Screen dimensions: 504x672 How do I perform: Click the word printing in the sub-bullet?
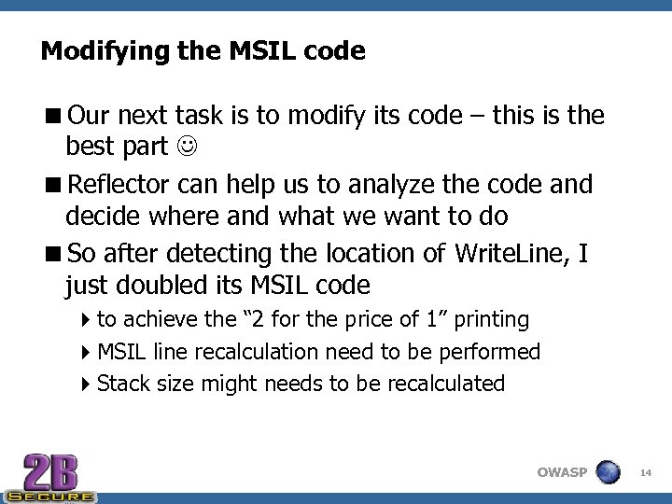coord(488,320)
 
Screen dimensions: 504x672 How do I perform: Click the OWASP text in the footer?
coord(562,472)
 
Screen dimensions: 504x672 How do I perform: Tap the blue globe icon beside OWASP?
coord(609,471)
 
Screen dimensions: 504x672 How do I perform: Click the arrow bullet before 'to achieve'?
coord(86,320)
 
